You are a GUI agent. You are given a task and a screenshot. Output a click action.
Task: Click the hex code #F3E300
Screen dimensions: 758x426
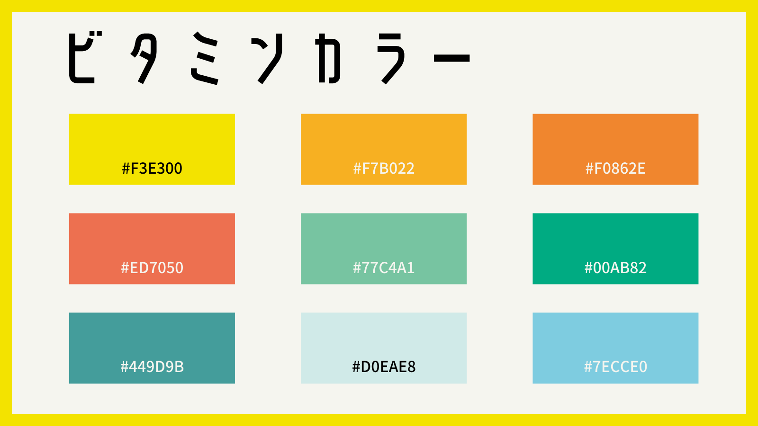point(152,169)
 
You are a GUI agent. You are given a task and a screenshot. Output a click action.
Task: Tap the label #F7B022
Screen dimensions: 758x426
point(384,169)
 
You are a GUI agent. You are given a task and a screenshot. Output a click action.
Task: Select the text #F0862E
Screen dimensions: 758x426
point(615,169)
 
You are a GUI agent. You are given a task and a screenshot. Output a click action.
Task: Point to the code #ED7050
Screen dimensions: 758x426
point(152,268)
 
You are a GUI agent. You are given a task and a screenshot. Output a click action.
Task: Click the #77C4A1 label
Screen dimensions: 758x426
point(384,268)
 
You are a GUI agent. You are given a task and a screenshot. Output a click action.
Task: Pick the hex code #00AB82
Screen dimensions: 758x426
point(615,268)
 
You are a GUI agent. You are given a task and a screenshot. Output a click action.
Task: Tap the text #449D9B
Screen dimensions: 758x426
point(152,367)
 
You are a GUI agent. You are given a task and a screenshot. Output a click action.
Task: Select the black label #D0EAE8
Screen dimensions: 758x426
point(384,367)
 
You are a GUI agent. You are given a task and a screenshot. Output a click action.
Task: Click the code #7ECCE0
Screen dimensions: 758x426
point(615,367)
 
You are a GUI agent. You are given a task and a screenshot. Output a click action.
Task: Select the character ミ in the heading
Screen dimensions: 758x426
point(204,58)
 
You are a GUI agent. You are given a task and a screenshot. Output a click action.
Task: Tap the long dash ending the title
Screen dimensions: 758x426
point(452,58)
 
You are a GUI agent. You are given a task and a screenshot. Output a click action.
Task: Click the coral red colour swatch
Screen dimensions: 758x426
point(152,248)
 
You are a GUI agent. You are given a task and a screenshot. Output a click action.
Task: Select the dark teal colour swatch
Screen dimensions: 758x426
point(152,348)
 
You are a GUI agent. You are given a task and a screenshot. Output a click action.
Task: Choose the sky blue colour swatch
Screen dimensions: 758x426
point(615,348)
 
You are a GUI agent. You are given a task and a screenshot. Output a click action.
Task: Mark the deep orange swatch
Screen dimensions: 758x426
point(615,149)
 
